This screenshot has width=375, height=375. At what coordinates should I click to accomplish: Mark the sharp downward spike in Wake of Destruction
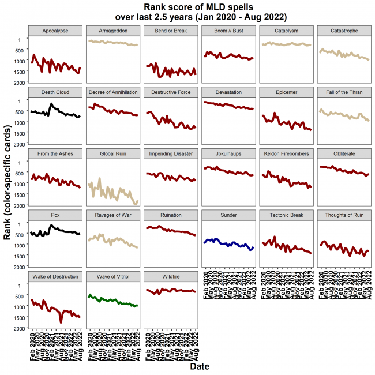(x=61, y=321)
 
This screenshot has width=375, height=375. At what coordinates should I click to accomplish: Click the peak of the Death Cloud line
(x=51, y=104)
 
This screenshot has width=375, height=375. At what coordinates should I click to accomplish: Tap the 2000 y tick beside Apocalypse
(x=21, y=82)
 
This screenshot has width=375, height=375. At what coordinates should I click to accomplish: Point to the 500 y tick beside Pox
(x=22, y=234)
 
